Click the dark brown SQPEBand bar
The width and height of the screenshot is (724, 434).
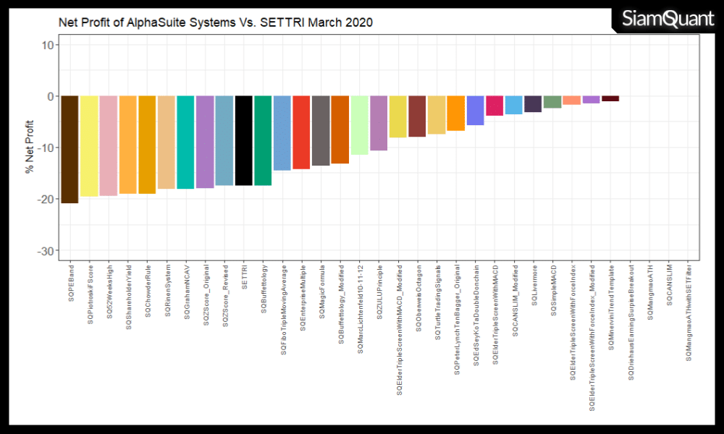click(x=70, y=149)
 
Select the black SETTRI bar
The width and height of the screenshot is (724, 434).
click(x=243, y=140)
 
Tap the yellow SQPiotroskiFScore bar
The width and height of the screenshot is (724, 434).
click(x=89, y=145)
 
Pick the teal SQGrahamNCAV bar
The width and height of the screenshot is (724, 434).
click(x=185, y=142)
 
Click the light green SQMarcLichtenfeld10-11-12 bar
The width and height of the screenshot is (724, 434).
click(x=359, y=125)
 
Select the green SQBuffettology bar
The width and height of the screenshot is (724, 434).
click(x=263, y=140)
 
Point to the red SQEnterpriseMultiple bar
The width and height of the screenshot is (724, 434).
click(x=301, y=132)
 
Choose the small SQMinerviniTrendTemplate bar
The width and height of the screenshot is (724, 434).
click(x=610, y=98)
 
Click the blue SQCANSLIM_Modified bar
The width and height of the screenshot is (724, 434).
click(x=513, y=105)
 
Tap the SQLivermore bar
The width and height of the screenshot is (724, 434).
click(x=533, y=104)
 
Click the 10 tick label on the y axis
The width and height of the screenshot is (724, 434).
click(x=47, y=45)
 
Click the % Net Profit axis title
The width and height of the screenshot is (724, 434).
click(x=30, y=148)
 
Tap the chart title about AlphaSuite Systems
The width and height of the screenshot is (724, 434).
click(x=215, y=22)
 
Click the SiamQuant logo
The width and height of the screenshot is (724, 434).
click(x=667, y=20)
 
